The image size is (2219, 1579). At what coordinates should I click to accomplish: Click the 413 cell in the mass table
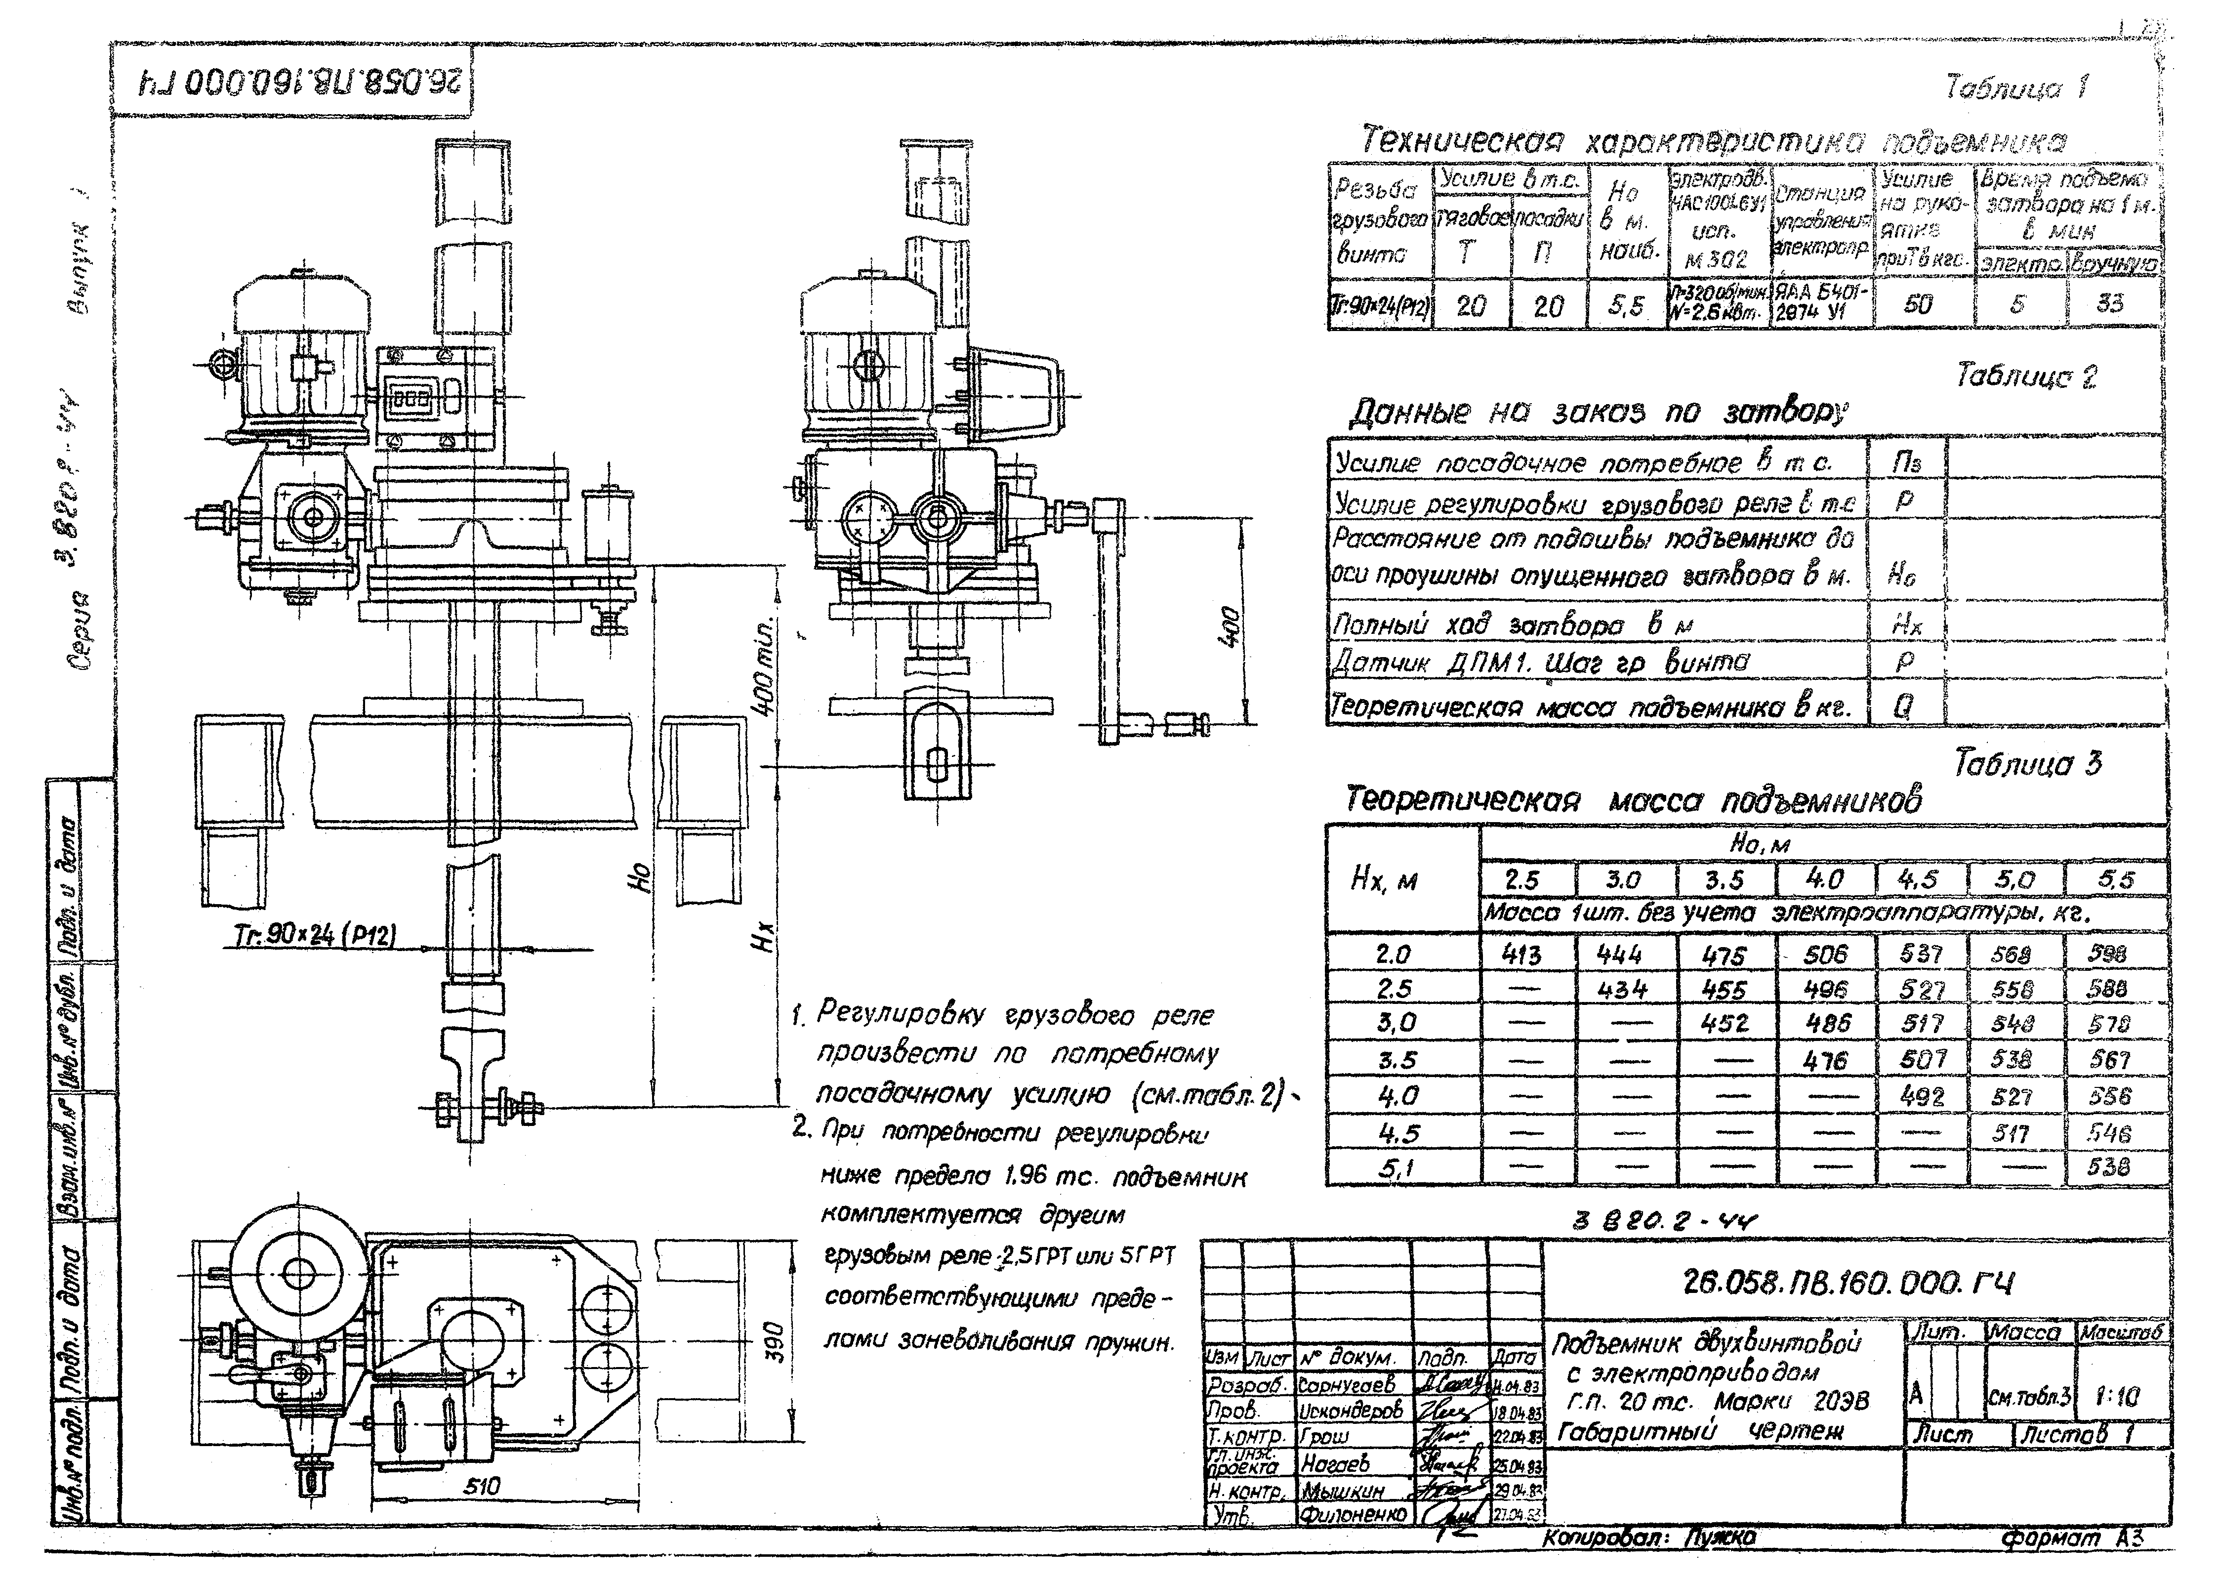[1522, 955]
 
